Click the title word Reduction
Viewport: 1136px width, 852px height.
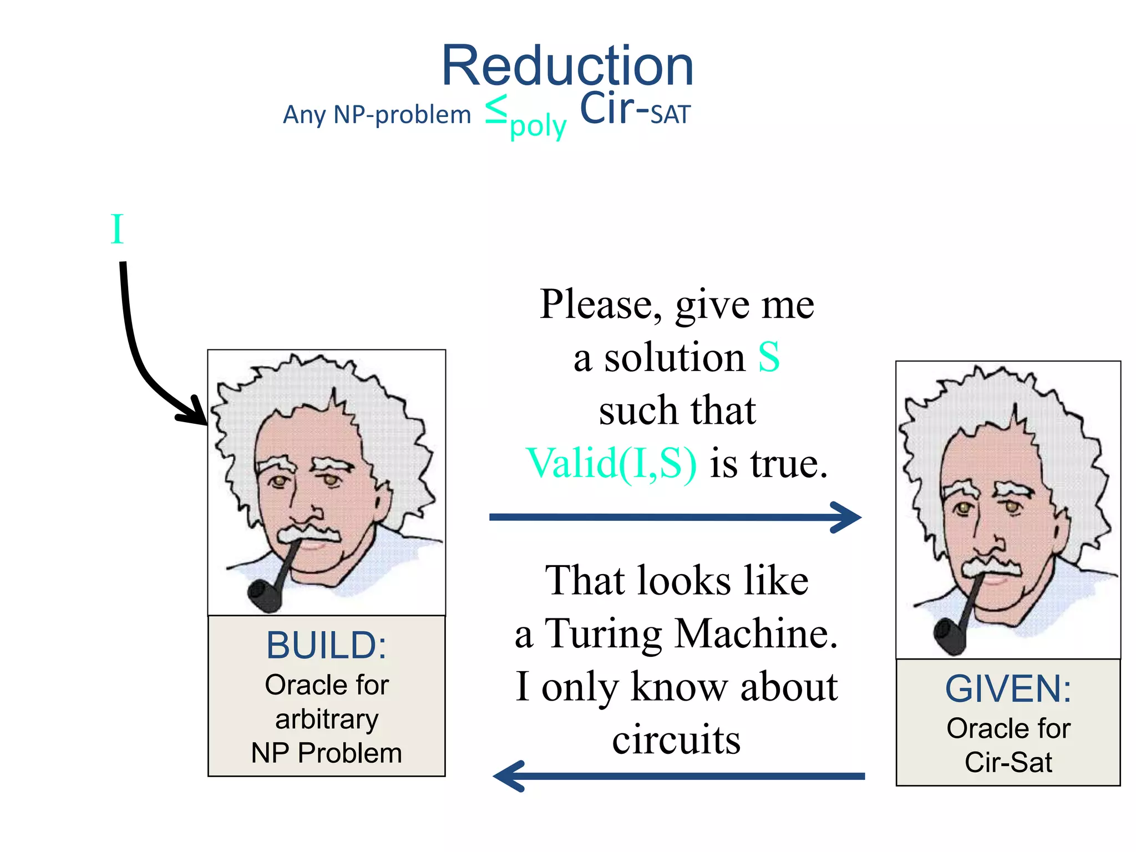click(567, 66)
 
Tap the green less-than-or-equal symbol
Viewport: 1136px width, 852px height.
click(496, 109)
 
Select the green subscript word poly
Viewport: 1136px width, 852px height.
click(538, 126)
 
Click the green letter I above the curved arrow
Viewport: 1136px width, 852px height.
click(116, 229)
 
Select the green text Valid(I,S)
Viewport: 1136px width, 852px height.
click(611, 463)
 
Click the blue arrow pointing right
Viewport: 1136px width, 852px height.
click(674, 517)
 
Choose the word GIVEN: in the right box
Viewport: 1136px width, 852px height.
click(1008, 689)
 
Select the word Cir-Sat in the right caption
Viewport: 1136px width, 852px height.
click(1008, 762)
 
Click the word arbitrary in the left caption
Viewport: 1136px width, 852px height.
click(327, 719)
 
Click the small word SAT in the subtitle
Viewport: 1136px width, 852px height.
click(670, 115)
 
